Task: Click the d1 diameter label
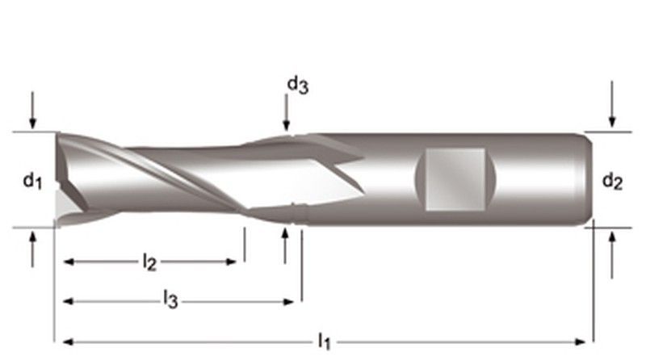click(x=31, y=182)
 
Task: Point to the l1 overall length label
click(x=324, y=342)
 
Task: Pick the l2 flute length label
click(x=149, y=262)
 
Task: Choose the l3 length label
click(x=170, y=301)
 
